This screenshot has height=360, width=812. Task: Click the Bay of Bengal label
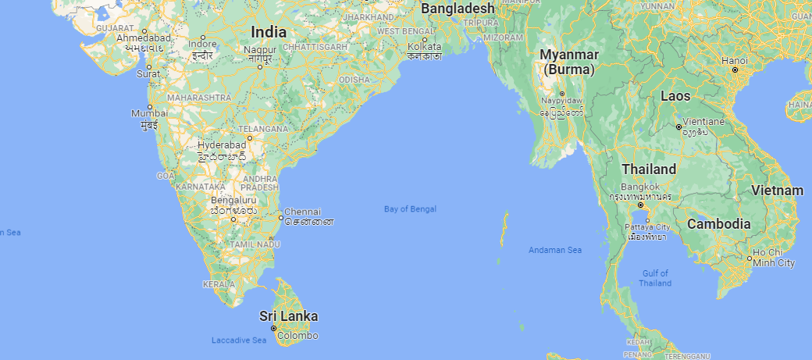point(410,209)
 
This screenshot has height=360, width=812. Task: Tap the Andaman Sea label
point(555,250)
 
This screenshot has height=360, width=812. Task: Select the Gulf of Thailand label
point(655,278)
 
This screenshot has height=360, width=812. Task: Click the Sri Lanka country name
point(289,316)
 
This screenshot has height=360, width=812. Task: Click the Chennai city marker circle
point(281,217)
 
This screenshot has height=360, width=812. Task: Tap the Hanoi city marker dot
point(735,70)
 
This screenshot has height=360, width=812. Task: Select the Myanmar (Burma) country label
point(570,62)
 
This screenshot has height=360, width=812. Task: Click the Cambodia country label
point(719,224)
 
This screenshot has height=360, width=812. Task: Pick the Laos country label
point(675,96)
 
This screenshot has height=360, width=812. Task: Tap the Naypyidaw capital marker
point(561,94)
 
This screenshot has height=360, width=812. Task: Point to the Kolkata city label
point(424,46)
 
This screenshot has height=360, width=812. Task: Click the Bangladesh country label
point(458,8)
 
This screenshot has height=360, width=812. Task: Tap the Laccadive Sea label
point(239,340)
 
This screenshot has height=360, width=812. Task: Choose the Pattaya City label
point(647,226)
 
